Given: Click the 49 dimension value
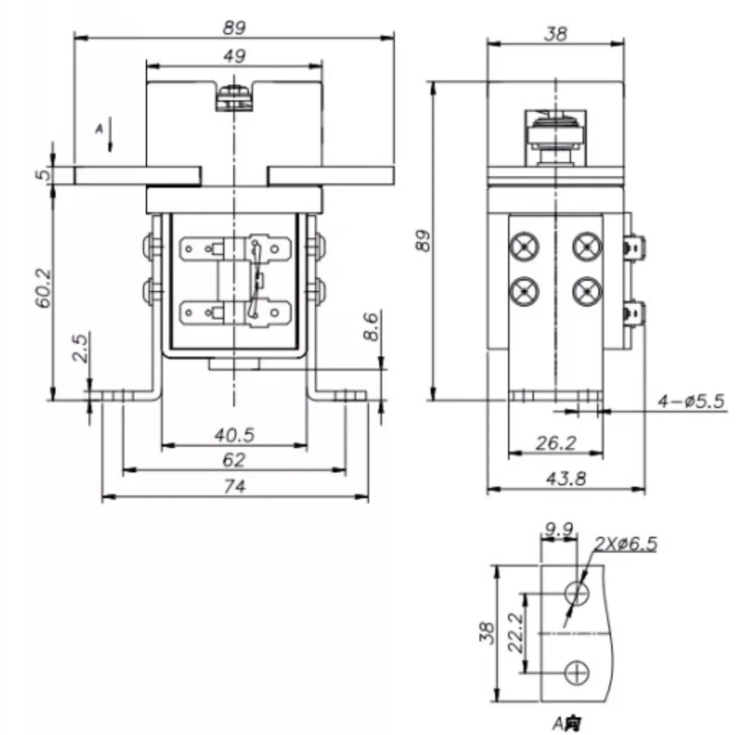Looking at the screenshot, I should [234, 56].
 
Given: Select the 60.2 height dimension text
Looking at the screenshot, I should [43, 288].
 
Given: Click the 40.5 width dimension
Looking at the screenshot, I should [234, 435].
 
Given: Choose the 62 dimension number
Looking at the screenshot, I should [234, 460].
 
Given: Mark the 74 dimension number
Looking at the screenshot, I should [234, 487].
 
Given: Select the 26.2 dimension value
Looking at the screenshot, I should [556, 443].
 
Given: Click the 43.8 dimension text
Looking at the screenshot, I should [566, 478].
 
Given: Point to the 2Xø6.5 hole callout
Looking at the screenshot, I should [625, 543].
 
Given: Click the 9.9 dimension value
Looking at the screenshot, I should [558, 530].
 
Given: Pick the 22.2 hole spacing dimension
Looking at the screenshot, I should [515, 633].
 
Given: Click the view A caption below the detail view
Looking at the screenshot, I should [567, 724].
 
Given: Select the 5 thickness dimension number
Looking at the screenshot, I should [44, 174].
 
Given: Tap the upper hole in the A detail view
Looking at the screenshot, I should [577, 592].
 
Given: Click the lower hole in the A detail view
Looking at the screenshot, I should [577, 673].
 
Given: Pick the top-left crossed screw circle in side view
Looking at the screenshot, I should [524, 246].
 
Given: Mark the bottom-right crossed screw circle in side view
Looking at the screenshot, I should [587, 291].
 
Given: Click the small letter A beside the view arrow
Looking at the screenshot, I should [99, 129].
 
